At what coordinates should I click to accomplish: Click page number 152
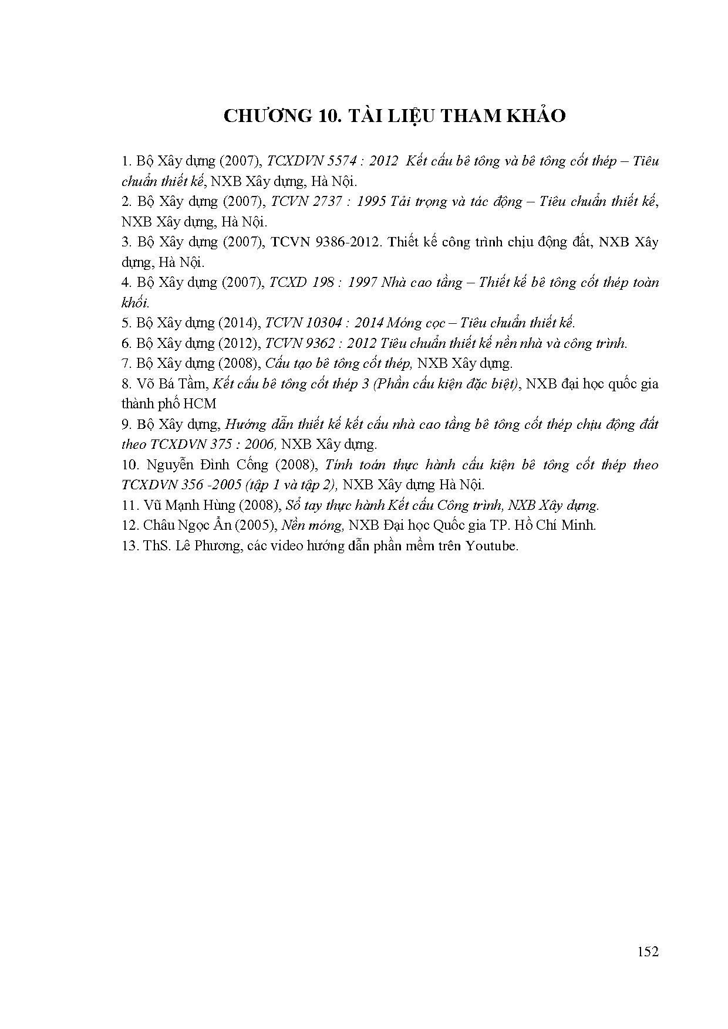tap(647, 952)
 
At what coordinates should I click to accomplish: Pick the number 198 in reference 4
tap(324, 282)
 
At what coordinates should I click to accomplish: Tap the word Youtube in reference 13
tap(492, 546)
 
